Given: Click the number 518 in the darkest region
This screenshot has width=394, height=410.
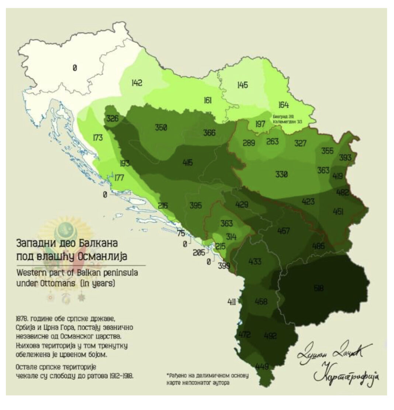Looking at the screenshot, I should pos(319,288).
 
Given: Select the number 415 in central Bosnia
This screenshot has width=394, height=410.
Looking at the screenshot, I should pos(187,162).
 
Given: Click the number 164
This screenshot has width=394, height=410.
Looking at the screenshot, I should pos(283,105).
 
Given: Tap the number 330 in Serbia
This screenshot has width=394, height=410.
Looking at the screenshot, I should pos(281,174).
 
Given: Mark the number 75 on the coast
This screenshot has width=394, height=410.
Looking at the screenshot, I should pos(181,233).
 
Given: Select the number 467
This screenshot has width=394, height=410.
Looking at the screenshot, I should pos(283,231).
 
